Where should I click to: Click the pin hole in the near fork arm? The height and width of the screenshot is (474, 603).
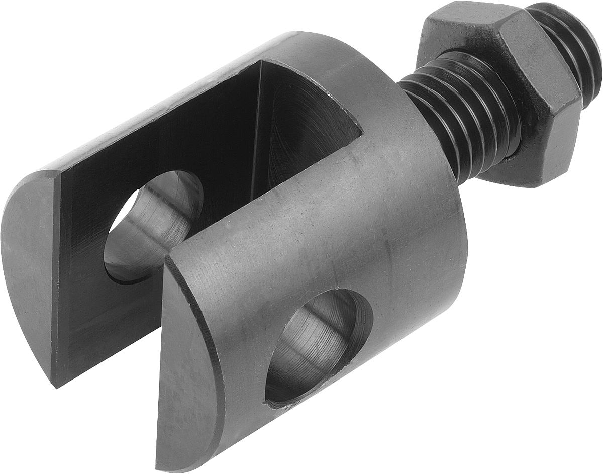pyautogui.click(x=317, y=347)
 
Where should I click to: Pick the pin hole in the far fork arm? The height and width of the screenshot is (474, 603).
pyautogui.click(x=151, y=226)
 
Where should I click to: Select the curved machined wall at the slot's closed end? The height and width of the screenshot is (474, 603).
pyautogui.click(x=301, y=131)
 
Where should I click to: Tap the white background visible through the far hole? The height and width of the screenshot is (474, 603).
pyautogui.click(x=118, y=221)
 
